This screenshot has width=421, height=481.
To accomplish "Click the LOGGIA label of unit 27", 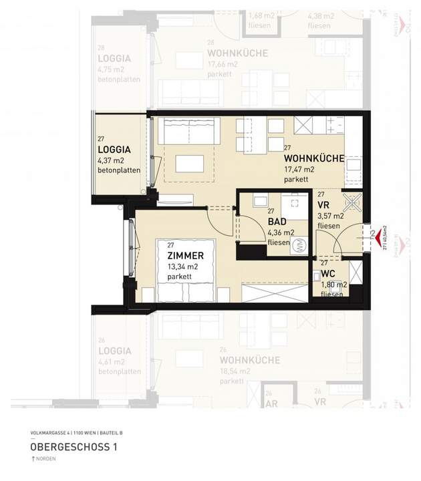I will [x=114, y=150].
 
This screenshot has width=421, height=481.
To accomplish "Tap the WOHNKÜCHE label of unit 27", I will [x=314, y=158].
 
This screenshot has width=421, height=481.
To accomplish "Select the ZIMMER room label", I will [x=185, y=256].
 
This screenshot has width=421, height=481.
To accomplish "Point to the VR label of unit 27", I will [x=324, y=205].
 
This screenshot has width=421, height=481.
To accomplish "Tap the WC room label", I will [x=327, y=275].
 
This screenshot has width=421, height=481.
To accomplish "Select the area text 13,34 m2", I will [x=184, y=267].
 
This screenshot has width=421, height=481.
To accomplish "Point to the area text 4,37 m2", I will [x=111, y=160].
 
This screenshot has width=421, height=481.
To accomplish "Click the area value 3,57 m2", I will [x=331, y=216].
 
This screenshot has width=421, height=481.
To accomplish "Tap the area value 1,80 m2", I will [x=332, y=285].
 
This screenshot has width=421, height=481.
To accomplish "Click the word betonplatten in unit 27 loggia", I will [x=119, y=170].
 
